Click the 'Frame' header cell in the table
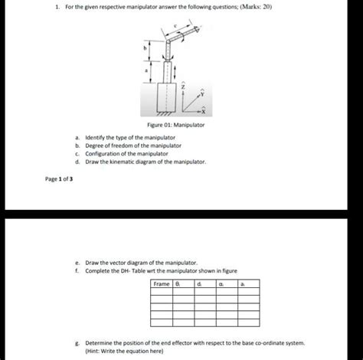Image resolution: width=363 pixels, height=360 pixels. [x=162, y=285]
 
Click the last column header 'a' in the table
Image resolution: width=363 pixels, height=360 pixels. [x=243, y=285]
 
